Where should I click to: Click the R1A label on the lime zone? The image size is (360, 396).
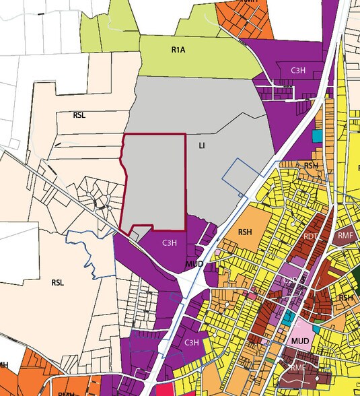[x=178, y=49]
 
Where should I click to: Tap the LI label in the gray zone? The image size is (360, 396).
[x=201, y=145]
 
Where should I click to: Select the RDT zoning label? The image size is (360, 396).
[x=310, y=236]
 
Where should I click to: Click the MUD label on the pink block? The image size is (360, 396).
[x=301, y=341]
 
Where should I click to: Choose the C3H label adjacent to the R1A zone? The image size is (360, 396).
[x=299, y=70]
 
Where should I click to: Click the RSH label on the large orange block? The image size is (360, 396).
[x=245, y=232]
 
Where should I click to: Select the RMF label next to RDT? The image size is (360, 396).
[x=345, y=235]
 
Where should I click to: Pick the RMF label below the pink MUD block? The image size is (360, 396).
[x=299, y=367]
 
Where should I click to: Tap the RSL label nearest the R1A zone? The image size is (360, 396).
[x=79, y=115]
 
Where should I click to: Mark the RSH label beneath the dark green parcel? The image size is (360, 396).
[x=346, y=298]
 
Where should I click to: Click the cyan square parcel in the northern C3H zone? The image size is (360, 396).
[x=317, y=135]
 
